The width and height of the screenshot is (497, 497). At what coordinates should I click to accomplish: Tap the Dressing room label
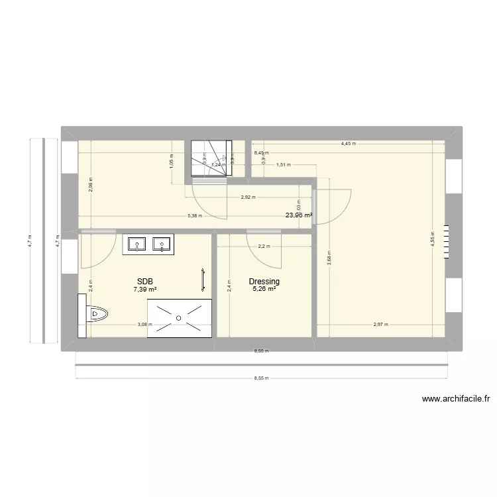tap(264, 282)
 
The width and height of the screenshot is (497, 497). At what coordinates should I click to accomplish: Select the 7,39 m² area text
tap(144, 290)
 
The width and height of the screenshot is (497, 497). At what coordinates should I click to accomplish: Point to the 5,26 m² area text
tap(264, 290)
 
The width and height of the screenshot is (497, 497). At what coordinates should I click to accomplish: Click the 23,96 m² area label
tap(299, 215)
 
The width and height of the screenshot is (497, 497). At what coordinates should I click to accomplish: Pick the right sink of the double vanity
tap(162, 245)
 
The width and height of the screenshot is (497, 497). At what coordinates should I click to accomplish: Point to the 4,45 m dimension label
tap(349, 143)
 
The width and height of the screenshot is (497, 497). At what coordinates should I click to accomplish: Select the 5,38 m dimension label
tap(195, 215)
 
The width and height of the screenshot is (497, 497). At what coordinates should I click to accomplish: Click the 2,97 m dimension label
tap(380, 325)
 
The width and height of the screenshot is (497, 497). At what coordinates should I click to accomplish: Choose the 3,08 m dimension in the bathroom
tap(144, 325)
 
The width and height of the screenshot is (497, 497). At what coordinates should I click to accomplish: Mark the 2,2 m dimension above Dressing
tap(264, 247)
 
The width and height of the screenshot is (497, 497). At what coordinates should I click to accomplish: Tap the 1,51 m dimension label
tap(283, 165)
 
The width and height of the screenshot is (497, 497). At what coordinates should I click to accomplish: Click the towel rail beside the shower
tap(203, 280)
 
